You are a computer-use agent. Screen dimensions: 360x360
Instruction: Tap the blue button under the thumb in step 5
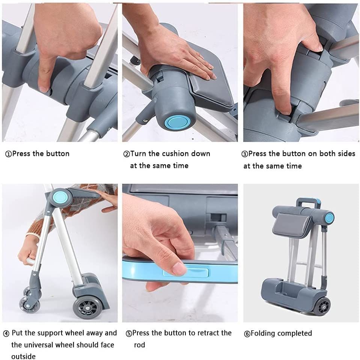[x=186, y=273]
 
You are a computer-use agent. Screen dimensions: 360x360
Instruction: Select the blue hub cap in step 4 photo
[x=60, y=197]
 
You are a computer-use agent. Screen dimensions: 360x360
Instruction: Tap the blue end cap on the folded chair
[x=329, y=218]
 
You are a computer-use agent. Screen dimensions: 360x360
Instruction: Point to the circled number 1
[x=8, y=154]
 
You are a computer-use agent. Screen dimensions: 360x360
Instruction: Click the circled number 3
[x=244, y=154]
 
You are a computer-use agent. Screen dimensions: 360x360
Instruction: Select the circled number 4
[x=6, y=334]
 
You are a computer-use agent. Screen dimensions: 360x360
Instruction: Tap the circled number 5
[x=129, y=334]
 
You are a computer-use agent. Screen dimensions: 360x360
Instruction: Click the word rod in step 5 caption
[x=140, y=345]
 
